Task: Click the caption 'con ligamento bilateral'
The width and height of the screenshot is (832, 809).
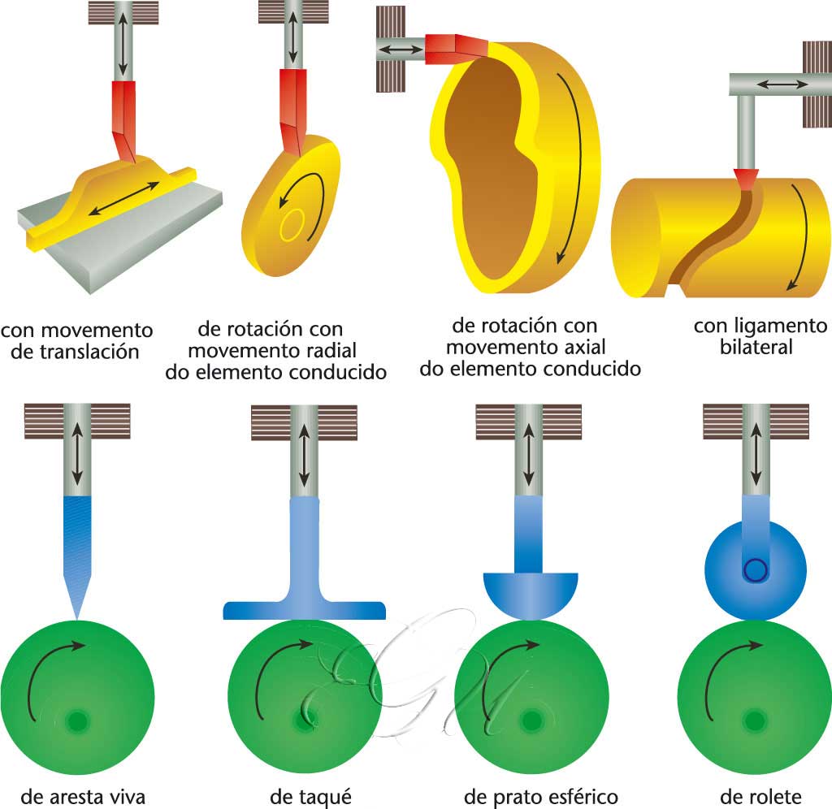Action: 760,337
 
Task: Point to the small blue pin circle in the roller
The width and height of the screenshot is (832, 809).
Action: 756,570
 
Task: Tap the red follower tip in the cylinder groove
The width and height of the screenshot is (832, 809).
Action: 744,178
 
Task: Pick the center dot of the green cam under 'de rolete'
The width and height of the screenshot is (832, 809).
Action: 755,720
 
